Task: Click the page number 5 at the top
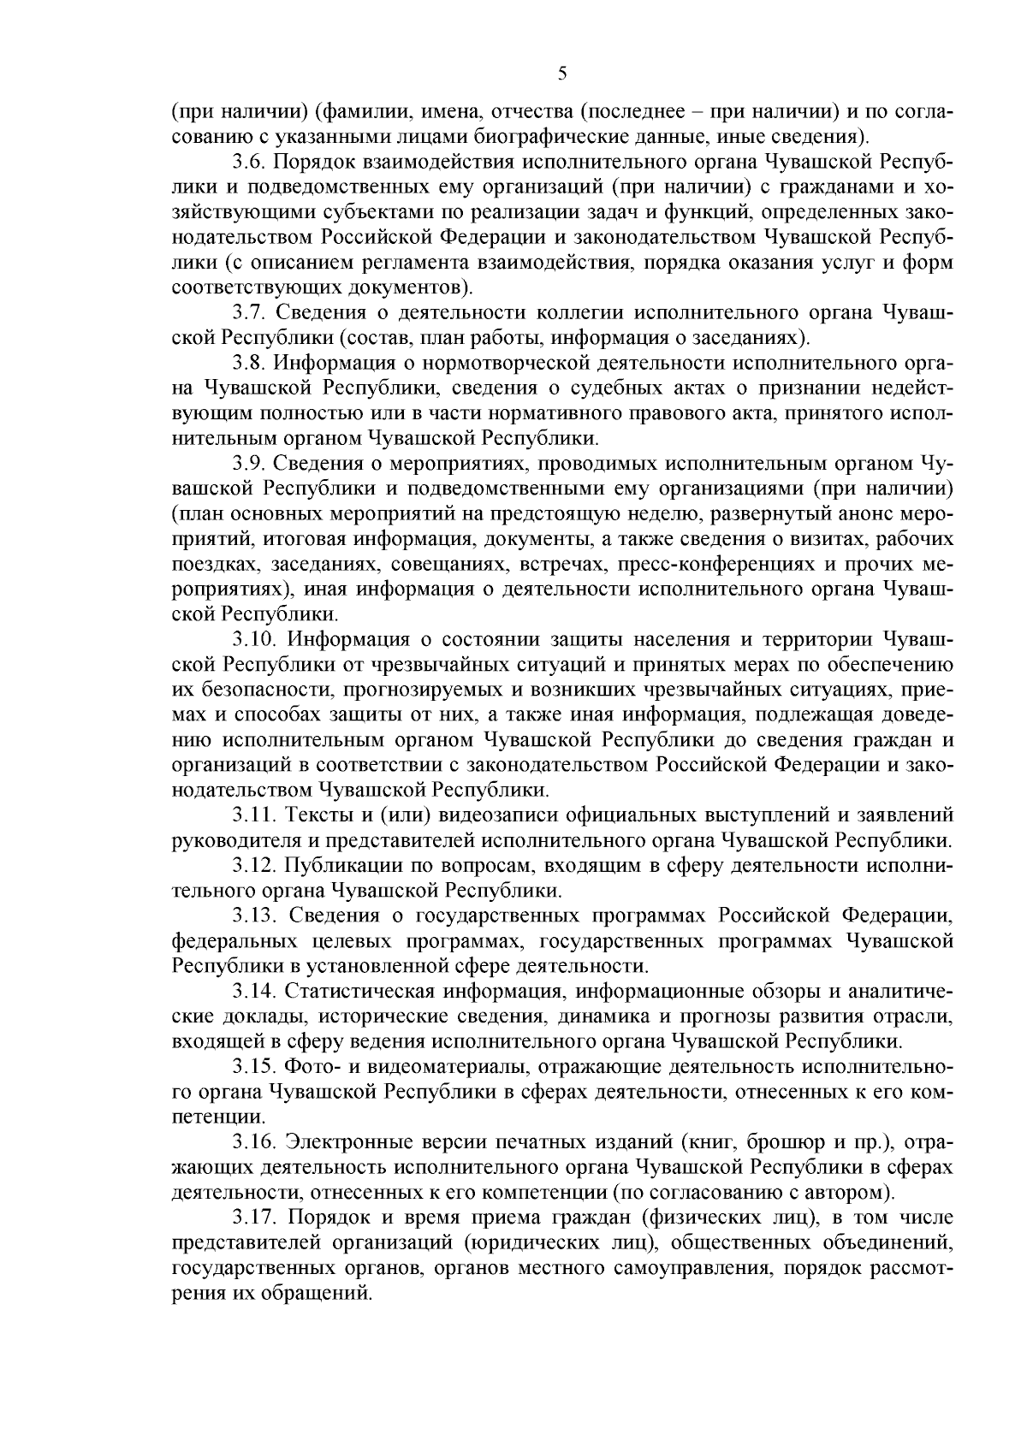[562, 74]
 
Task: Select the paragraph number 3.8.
[249, 364]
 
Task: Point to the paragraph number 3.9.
[249, 465]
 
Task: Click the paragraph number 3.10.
[254, 639]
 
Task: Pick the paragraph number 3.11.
[254, 814]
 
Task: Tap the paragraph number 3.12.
[254, 866]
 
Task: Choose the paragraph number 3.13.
[254, 916]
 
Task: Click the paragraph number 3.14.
[254, 992]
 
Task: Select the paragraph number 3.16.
[254, 1142]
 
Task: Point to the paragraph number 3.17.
[254, 1218]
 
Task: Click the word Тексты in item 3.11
[318, 814]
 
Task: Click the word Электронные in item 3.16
[347, 1142]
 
